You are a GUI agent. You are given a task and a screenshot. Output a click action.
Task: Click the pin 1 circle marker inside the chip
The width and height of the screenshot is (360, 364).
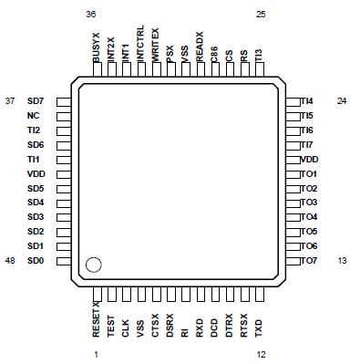pyautogui.click(x=93, y=265)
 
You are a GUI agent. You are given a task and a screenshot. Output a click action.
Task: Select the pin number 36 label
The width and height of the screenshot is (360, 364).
pyautogui.click(x=90, y=15)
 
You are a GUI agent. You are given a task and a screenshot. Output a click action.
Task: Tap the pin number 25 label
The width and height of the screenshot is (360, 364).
pyautogui.click(x=262, y=15)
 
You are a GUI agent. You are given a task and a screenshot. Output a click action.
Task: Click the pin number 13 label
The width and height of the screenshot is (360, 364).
pyautogui.click(x=341, y=261)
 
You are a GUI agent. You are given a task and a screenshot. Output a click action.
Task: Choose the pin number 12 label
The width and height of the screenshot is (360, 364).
pyautogui.click(x=261, y=354)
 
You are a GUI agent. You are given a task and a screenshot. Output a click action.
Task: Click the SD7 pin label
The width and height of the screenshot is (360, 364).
pyautogui.click(x=35, y=100)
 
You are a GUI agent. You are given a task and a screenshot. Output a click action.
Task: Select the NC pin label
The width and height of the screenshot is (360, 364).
pyautogui.click(x=34, y=116)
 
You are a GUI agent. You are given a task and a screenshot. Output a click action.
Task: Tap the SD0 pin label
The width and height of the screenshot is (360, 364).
pyautogui.click(x=35, y=261)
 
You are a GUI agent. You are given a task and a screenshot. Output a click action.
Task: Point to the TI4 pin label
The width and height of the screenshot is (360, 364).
pyautogui.click(x=308, y=100)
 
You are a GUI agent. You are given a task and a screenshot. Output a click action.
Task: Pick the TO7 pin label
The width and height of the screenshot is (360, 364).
pyautogui.click(x=309, y=261)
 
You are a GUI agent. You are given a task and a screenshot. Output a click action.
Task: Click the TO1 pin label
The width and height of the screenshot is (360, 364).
pyautogui.click(x=309, y=173)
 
